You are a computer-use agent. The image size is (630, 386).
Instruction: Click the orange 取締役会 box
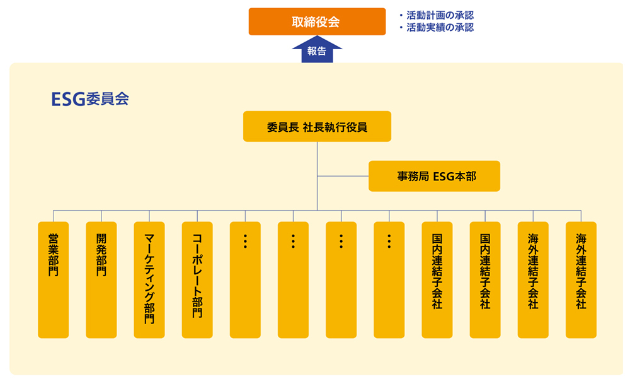316,21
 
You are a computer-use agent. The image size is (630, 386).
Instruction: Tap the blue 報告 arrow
317,51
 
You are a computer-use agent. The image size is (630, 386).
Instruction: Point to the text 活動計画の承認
440,15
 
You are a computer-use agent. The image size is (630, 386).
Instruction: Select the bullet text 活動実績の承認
440,28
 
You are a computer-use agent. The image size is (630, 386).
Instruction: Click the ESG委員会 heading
90,99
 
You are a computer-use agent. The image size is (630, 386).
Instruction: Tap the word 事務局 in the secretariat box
412,177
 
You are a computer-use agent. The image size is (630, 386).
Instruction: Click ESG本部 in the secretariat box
455,177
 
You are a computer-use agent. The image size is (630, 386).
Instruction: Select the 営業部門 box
54,279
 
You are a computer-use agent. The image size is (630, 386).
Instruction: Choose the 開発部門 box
101,279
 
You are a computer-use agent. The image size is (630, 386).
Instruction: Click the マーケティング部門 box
149,279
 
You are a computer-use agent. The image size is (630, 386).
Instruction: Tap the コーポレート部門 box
197,279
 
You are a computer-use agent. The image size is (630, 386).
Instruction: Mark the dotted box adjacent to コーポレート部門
245,279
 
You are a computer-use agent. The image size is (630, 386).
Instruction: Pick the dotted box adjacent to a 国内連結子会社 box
389,279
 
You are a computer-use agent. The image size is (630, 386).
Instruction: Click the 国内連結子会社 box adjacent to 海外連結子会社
485,279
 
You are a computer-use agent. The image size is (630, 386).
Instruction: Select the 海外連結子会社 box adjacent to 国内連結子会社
533,279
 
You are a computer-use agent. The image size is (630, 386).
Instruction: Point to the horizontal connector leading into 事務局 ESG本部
343,176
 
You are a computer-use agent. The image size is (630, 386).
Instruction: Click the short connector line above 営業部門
54,216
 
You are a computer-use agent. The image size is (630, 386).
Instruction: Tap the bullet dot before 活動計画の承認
401,15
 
